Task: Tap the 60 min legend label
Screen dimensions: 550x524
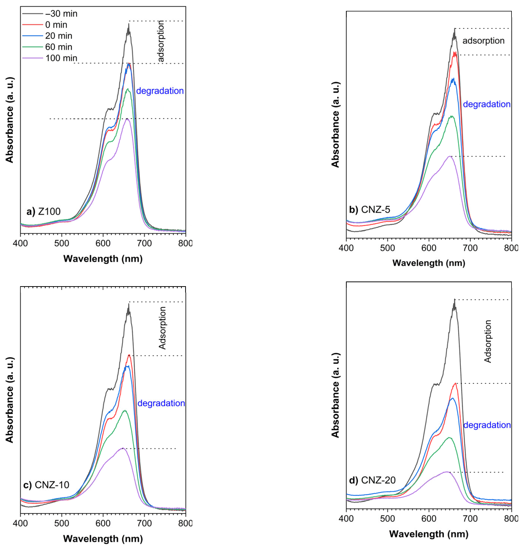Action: pos(59,47)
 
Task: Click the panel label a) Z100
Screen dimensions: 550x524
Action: pos(43,211)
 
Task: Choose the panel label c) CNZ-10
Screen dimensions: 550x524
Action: pos(46,485)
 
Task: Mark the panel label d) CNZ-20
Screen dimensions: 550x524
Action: pos(372,480)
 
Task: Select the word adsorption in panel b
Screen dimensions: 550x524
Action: pos(483,41)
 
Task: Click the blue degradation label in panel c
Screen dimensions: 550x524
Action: pos(161,403)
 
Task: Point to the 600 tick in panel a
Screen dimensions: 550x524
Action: pos(103,243)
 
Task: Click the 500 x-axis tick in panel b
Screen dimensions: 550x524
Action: pos(387,248)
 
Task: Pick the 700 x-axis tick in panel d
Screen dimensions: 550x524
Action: pos(470,519)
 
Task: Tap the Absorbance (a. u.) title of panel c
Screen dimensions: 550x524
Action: pos(10,400)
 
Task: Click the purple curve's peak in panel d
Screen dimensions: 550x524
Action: pos(447,472)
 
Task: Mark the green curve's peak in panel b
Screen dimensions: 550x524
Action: pos(451,116)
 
